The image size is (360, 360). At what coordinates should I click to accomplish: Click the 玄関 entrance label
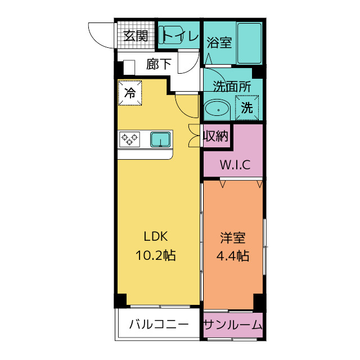[x=136, y=37]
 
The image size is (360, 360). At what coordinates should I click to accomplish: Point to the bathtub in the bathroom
[x=249, y=43]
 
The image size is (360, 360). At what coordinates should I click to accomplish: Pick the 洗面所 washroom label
[x=231, y=87]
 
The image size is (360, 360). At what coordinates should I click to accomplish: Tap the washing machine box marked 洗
[x=247, y=109]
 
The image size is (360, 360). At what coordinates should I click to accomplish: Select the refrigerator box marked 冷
[x=130, y=93]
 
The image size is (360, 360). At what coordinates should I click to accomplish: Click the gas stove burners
[x=129, y=138]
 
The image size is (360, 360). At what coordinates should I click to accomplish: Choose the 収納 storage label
[x=215, y=136]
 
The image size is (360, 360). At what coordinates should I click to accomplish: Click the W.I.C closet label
[x=232, y=165]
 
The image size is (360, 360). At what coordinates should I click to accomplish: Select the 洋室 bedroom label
[x=233, y=237]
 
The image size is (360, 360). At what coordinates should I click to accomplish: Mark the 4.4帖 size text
[x=233, y=255]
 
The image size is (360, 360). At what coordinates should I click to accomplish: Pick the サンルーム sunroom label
[x=233, y=325]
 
